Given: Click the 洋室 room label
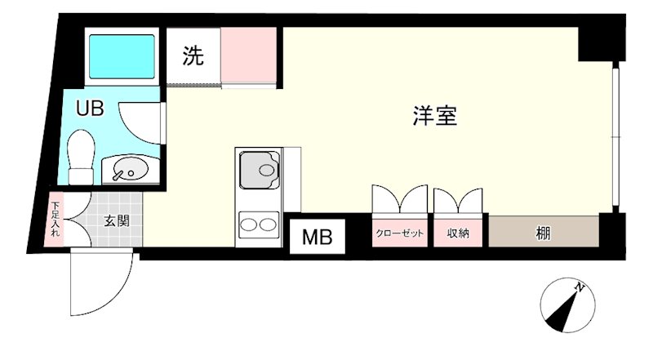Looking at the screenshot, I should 433,117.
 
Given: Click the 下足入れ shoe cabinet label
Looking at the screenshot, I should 55,219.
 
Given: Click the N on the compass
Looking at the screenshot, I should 579,288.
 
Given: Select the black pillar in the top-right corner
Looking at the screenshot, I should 595,43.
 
